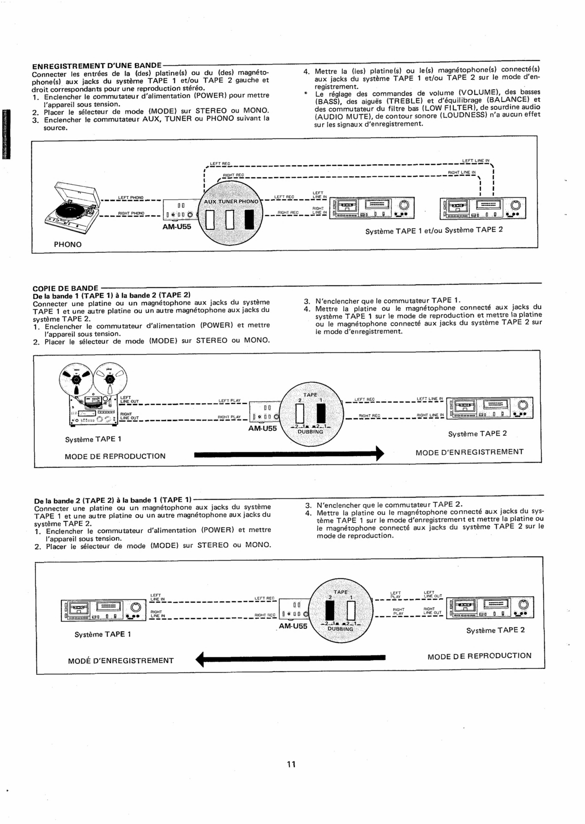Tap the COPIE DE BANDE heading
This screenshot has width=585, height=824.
65,288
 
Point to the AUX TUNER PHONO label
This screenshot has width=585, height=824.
231,202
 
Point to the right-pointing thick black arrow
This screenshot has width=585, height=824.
288,454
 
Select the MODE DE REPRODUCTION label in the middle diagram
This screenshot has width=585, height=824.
115,456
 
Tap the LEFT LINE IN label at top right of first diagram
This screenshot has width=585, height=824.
476,161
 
